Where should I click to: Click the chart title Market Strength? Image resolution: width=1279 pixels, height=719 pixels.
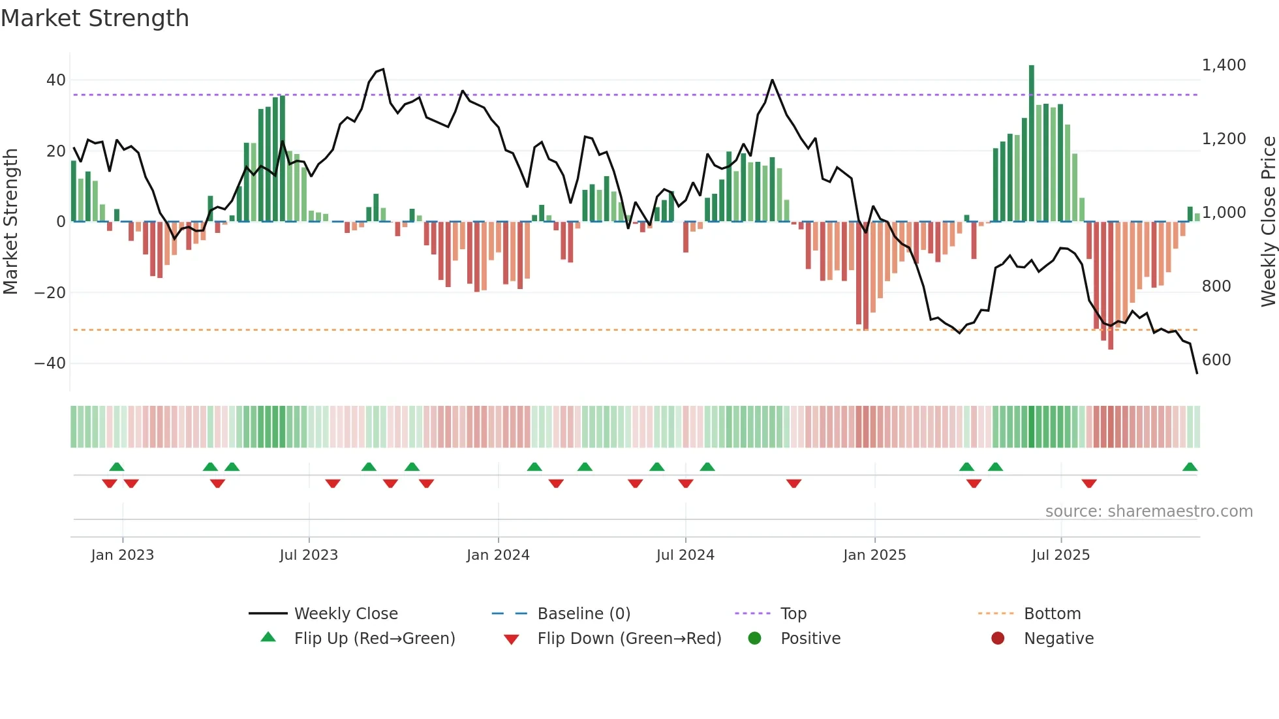click(x=95, y=18)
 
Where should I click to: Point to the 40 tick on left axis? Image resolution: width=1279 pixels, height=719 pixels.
click(x=55, y=80)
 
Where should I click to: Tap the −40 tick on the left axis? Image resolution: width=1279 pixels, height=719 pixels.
click(x=50, y=363)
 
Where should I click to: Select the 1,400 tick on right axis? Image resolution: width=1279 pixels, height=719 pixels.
click(x=1224, y=65)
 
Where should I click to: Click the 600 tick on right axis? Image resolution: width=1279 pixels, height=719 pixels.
click(x=1216, y=360)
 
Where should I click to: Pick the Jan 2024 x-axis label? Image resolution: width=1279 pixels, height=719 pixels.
click(x=498, y=555)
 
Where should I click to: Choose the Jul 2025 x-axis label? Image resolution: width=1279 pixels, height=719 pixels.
click(x=1060, y=555)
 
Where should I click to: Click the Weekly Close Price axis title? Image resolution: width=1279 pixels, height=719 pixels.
click(x=1268, y=222)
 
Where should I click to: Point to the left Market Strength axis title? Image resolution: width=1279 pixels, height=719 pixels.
click(x=11, y=222)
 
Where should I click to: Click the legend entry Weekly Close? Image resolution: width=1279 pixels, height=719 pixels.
click(x=346, y=614)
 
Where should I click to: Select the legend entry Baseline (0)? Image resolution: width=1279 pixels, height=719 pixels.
click(x=583, y=614)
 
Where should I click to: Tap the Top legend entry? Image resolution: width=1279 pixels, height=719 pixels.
click(x=794, y=614)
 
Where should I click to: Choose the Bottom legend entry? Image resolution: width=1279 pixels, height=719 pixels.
click(x=1052, y=614)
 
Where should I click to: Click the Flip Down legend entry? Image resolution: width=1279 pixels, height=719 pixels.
click(x=629, y=639)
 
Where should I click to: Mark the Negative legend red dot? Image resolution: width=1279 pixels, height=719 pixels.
click(x=998, y=639)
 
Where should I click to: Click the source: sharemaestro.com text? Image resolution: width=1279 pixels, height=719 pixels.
click(x=1148, y=512)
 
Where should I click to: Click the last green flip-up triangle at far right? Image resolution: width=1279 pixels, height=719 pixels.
click(x=1190, y=467)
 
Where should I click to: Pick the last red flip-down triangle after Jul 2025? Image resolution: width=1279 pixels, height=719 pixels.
click(x=1089, y=483)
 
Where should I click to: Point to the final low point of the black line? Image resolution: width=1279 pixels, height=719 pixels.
click(x=1197, y=373)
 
